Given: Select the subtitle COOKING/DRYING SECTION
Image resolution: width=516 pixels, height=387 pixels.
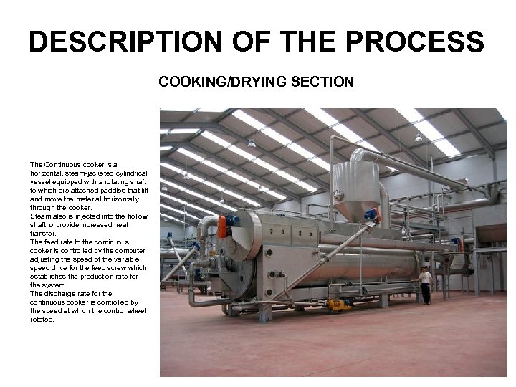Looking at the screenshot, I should [x=256, y=82].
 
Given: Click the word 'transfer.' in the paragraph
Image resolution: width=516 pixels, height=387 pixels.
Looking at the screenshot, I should [x=44, y=233].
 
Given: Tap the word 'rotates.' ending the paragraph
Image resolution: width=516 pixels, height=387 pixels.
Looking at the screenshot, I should [x=44, y=319].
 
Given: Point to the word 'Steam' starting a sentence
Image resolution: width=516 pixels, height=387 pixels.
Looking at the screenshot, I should [x=40, y=216].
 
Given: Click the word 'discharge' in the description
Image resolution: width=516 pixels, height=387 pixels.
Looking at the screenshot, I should [x=57, y=293].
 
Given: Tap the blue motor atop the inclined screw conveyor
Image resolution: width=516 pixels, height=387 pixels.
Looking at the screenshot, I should [x=370, y=214].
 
